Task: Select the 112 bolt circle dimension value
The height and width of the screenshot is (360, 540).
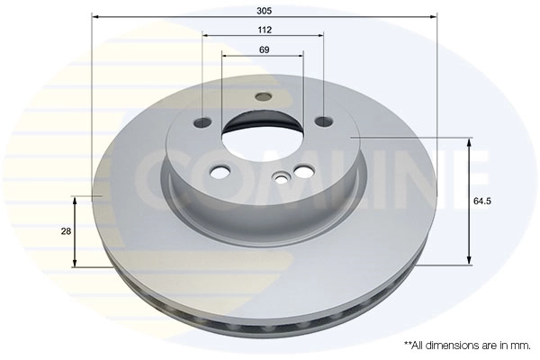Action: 263,30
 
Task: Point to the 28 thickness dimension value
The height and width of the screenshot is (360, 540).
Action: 66,232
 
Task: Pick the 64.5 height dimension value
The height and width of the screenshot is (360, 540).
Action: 481,202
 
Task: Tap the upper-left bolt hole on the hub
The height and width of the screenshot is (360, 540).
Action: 205,121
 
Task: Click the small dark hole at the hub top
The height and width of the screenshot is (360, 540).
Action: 263,96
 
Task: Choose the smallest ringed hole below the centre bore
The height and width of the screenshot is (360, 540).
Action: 283,177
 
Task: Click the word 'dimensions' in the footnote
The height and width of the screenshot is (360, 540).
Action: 454,346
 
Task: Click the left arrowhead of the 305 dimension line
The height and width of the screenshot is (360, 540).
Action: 96,16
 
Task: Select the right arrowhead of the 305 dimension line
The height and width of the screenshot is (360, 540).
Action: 434,16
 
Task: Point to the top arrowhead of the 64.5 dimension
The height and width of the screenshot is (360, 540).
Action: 469,142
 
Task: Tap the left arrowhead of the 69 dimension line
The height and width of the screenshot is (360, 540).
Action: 225,55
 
